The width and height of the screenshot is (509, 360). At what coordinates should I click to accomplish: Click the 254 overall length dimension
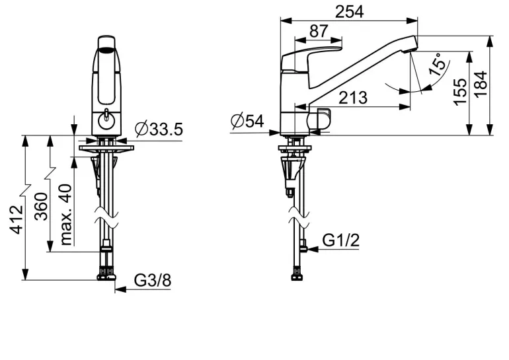[x=349, y=12]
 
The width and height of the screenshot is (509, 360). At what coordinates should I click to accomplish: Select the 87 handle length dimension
[x=319, y=32]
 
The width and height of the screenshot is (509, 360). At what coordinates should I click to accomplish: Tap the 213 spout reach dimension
[x=353, y=98]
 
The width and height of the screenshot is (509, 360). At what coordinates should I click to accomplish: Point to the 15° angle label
[x=437, y=65]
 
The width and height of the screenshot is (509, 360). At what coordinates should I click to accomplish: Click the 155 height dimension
[x=460, y=92]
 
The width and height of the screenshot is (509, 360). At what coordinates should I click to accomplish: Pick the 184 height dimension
[x=481, y=84]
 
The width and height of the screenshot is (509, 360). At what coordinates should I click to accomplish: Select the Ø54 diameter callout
[x=247, y=122]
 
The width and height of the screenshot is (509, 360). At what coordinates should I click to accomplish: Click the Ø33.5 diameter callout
[x=159, y=129]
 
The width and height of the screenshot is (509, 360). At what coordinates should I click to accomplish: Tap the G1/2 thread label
[x=341, y=240]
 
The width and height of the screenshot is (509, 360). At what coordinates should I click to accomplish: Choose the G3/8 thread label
[x=153, y=280]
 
